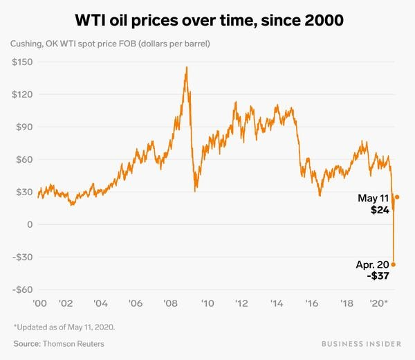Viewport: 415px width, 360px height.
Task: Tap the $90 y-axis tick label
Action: [x=24, y=127]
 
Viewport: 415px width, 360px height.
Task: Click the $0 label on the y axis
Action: [x=30, y=224]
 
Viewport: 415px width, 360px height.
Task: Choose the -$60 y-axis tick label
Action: [x=22, y=289]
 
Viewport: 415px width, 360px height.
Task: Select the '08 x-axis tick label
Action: [x=169, y=303]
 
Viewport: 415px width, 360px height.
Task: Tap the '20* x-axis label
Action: [x=380, y=303]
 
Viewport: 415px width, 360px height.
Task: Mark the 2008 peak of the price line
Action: [x=187, y=67]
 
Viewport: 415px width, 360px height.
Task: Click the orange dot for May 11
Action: [x=397, y=197]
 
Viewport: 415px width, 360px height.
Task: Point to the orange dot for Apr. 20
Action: [x=394, y=264]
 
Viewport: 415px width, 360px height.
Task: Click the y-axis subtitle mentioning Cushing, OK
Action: [x=110, y=44]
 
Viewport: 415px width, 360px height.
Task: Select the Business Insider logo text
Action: [x=359, y=343]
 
